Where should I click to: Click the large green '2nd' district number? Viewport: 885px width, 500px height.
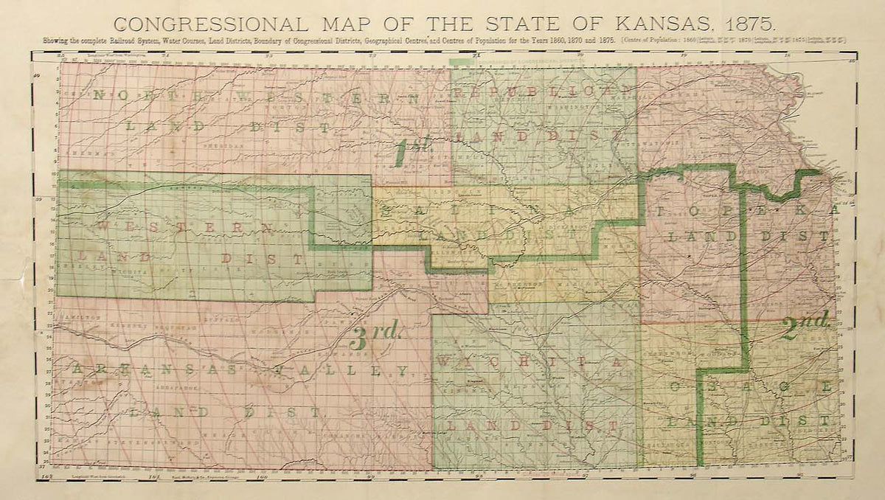coord(806,324)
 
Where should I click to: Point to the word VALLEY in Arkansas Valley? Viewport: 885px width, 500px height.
coord(367,369)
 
